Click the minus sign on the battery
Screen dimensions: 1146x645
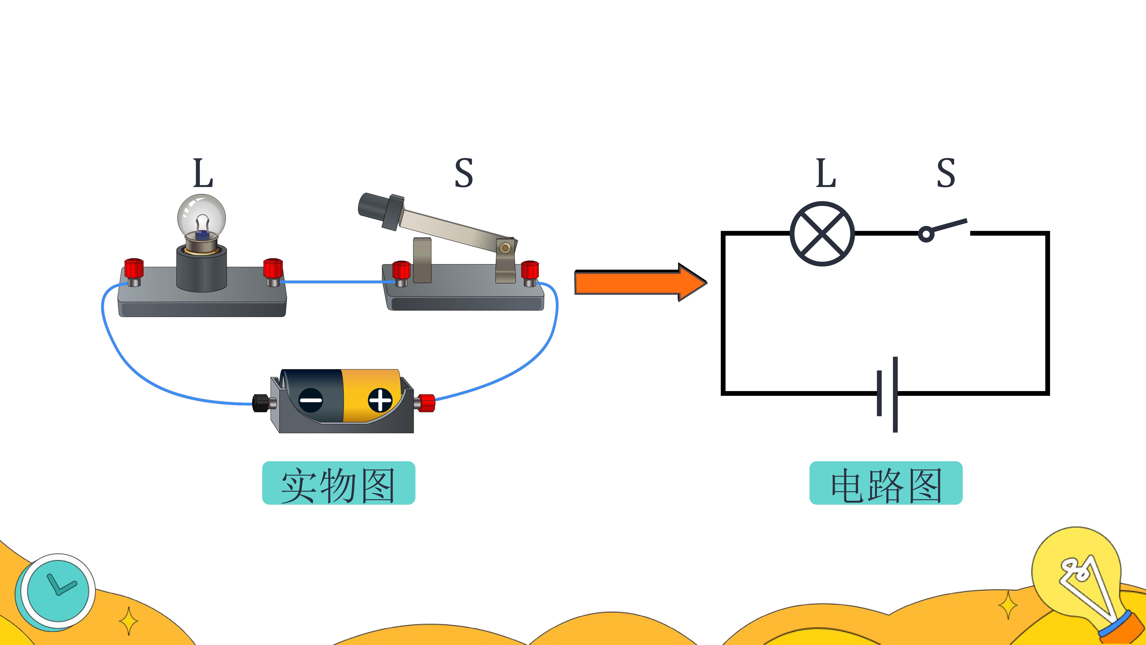(310, 400)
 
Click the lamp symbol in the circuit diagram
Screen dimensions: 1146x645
(822, 234)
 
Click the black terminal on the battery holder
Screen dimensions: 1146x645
(262, 403)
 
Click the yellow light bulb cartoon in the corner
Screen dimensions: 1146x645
(1081, 579)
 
